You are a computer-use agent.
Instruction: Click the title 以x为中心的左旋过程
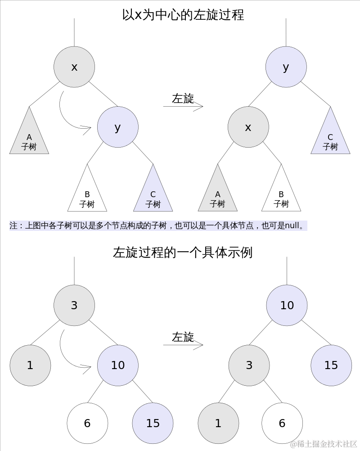tap(183, 15)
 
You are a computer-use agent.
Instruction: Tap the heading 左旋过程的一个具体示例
tap(183, 253)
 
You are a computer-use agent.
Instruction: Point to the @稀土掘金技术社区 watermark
tap(324, 444)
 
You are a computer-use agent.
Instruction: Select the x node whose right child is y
tap(74, 67)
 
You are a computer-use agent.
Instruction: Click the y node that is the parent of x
tap(286, 67)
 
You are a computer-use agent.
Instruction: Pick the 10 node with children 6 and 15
tap(118, 365)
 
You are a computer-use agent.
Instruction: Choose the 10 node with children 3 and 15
tap(287, 305)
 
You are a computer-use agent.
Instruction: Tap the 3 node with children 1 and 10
tap(74, 305)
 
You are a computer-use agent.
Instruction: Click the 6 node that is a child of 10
tap(87, 423)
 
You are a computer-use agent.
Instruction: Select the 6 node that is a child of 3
tap(282, 423)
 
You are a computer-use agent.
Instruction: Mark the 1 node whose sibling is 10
tap(30, 365)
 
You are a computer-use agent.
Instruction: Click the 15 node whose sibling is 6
tap(153, 423)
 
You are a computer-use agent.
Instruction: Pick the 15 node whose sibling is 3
tap(331, 365)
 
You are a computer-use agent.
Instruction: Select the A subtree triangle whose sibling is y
tap(29, 137)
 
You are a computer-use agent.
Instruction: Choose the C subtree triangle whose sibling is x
tap(330, 137)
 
